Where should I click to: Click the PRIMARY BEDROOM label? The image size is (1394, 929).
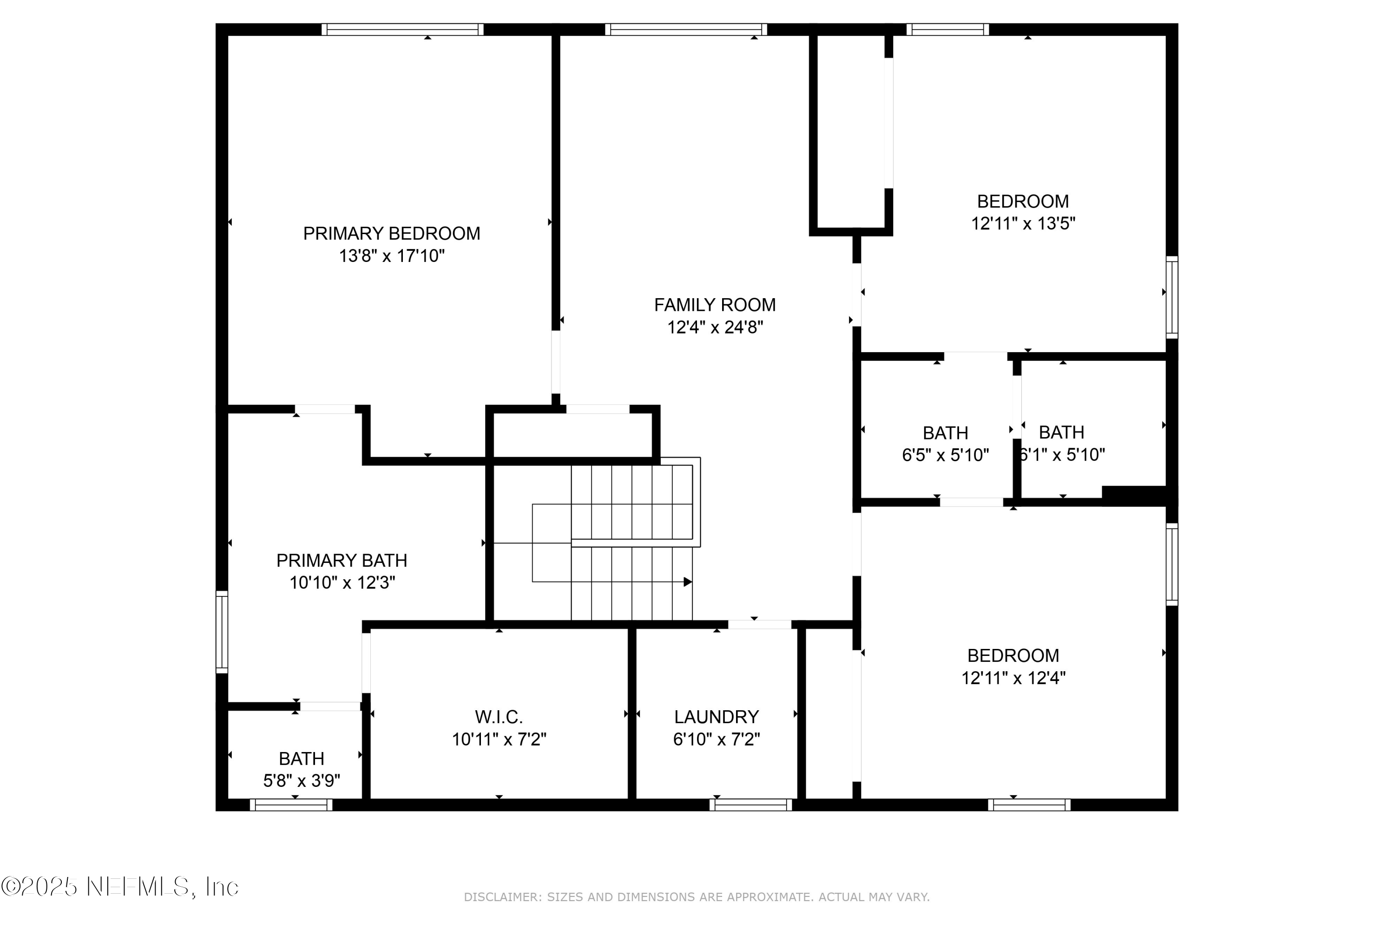[x=391, y=234]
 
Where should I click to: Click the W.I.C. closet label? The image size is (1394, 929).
[x=499, y=717]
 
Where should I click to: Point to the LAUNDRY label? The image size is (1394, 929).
[x=716, y=717]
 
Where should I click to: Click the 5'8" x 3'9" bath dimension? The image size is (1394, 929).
[x=301, y=781]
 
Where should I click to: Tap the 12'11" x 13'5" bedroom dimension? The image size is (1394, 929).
[x=1023, y=223]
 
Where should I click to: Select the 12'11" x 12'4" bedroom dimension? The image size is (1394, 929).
[x=1013, y=678]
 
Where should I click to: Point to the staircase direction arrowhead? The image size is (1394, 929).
[x=688, y=582]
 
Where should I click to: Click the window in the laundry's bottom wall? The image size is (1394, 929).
[x=750, y=805]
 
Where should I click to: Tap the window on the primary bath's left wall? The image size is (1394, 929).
[x=222, y=632]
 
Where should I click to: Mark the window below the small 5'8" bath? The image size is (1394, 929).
[x=290, y=805]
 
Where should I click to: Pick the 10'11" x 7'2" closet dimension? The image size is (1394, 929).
[x=499, y=739]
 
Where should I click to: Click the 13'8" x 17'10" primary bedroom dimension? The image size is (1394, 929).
[x=391, y=256]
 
